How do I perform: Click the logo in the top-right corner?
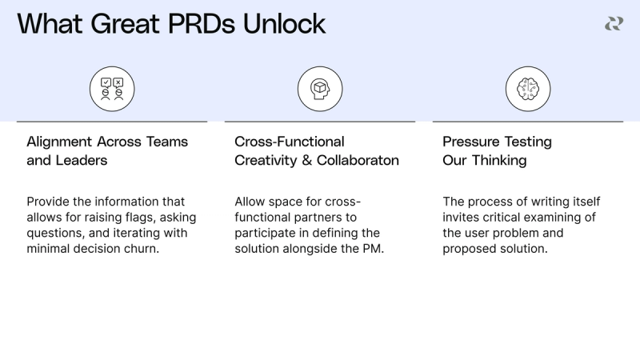[614, 24]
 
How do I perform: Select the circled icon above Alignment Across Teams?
[112, 88]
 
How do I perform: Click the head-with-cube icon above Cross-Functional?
[320, 88]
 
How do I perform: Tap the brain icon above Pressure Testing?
[528, 88]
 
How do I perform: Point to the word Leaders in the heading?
[81, 160]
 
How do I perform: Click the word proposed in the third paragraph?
[469, 249]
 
